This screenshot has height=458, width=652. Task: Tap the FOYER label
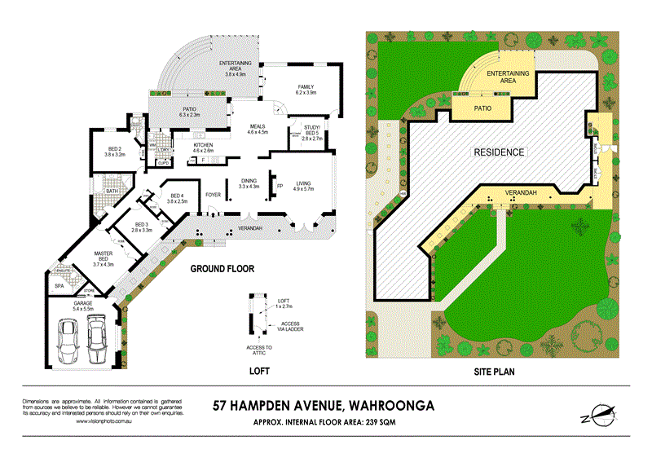(x=214, y=195)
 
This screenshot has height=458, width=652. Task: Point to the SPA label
(x=59, y=286)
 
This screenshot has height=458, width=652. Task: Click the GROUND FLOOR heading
(x=222, y=268)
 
